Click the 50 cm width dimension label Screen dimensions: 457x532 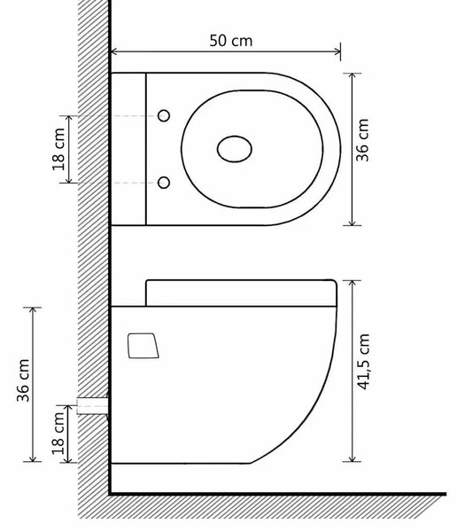click(x=231, y=41)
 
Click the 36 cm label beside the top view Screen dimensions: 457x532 click(x=362, y=140)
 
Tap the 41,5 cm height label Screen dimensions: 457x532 click(x=363, y=362)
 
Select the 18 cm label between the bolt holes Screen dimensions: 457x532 click(x=58, y=149)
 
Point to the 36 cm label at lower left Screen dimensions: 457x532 click(x=23, y=380)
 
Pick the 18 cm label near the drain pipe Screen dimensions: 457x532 click(x=58, y=434)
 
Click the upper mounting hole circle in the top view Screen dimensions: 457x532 click(x=164, y=115)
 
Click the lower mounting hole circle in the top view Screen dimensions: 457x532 click(x=164, y=183)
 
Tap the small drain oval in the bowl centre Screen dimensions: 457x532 click(x=235, y=149)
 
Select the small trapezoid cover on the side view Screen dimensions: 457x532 click(x=143, y=346)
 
